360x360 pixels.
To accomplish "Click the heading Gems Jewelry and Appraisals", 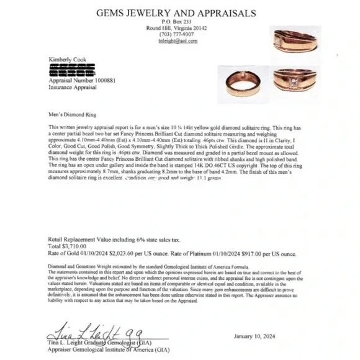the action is pos(171,12).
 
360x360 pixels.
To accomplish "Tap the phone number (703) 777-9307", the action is pos(171,35).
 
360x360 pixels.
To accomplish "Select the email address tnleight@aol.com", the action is pos(171,41).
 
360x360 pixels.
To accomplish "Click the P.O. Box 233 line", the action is pos(171,22).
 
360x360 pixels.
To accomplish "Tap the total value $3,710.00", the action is pos(75,246).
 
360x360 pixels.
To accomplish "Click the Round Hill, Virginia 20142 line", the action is pos(171,29).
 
